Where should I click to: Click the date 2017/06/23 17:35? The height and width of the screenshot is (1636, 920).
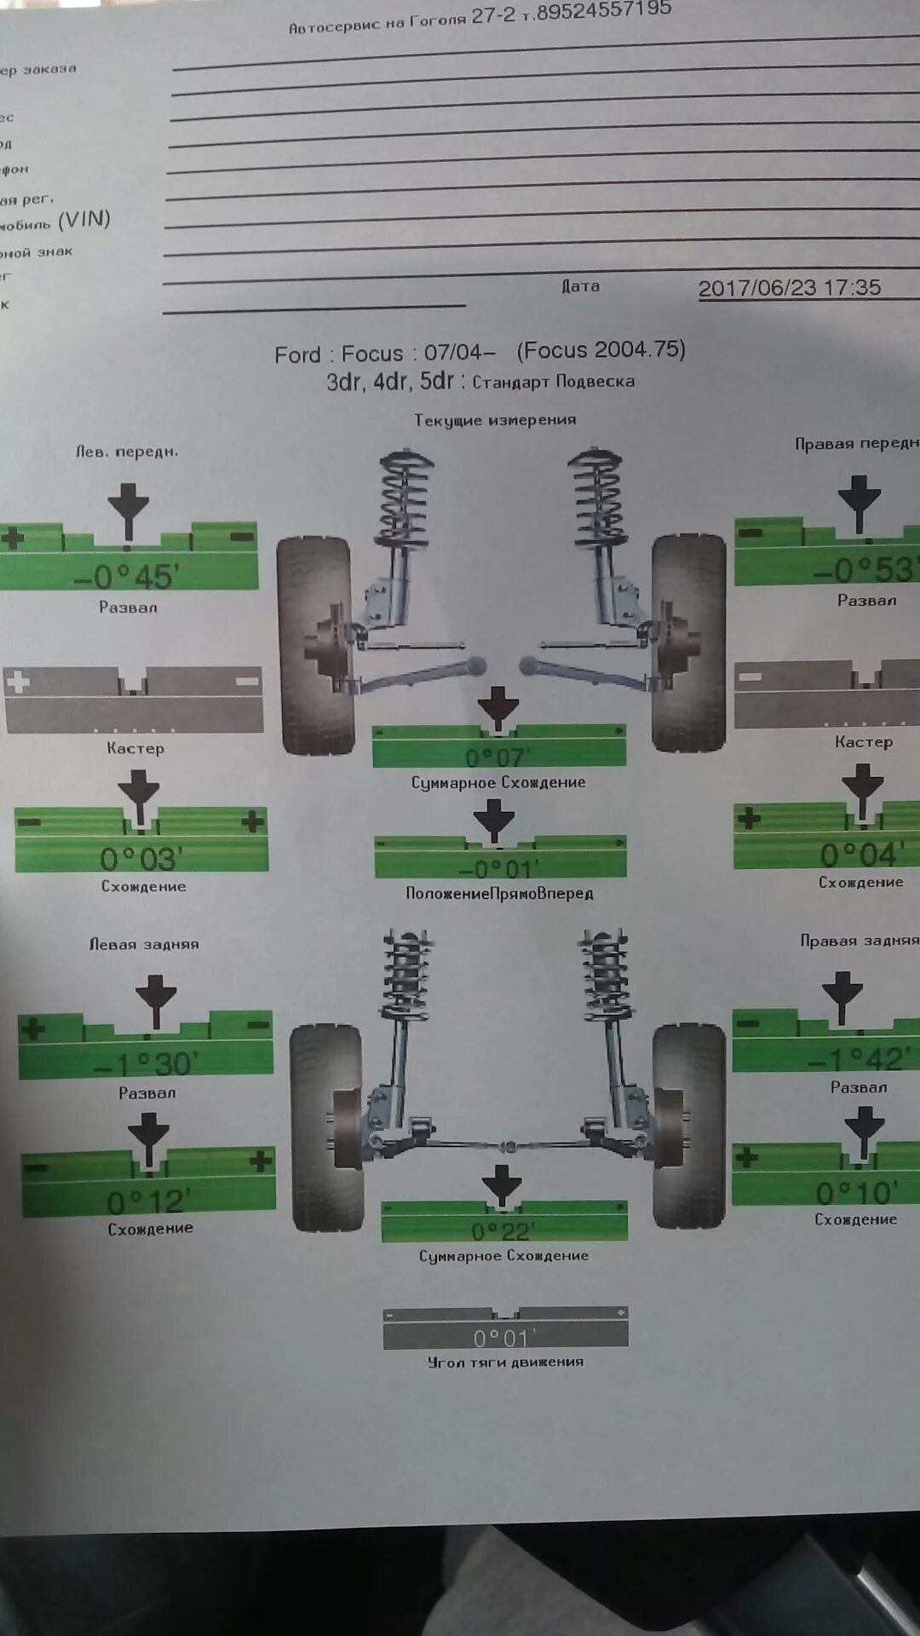coord(789,288)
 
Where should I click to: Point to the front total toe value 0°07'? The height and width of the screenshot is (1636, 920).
coord(497,756)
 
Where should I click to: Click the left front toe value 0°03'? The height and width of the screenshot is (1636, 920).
coord(141,859)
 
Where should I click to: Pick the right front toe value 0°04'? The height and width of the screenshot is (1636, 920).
coord(859,855)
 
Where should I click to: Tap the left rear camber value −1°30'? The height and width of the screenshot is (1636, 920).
coord(146,1064)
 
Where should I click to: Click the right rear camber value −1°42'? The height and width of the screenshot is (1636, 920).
coord(859,1058)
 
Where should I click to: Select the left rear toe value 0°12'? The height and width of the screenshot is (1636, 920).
coord(148,1202)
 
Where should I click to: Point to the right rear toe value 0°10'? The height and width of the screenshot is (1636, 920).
coord(856,1193)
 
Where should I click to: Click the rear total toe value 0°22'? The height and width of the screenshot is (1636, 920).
coord(503,1231)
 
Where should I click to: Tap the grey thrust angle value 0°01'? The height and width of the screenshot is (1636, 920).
coord(505,1338)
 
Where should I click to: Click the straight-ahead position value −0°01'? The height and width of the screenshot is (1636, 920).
coord(499,869)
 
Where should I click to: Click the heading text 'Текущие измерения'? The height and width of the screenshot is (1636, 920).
coord(495,420)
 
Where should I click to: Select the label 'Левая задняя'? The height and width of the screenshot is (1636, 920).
coord(144,944)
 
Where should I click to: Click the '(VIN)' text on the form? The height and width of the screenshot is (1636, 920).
coord(84,220)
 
